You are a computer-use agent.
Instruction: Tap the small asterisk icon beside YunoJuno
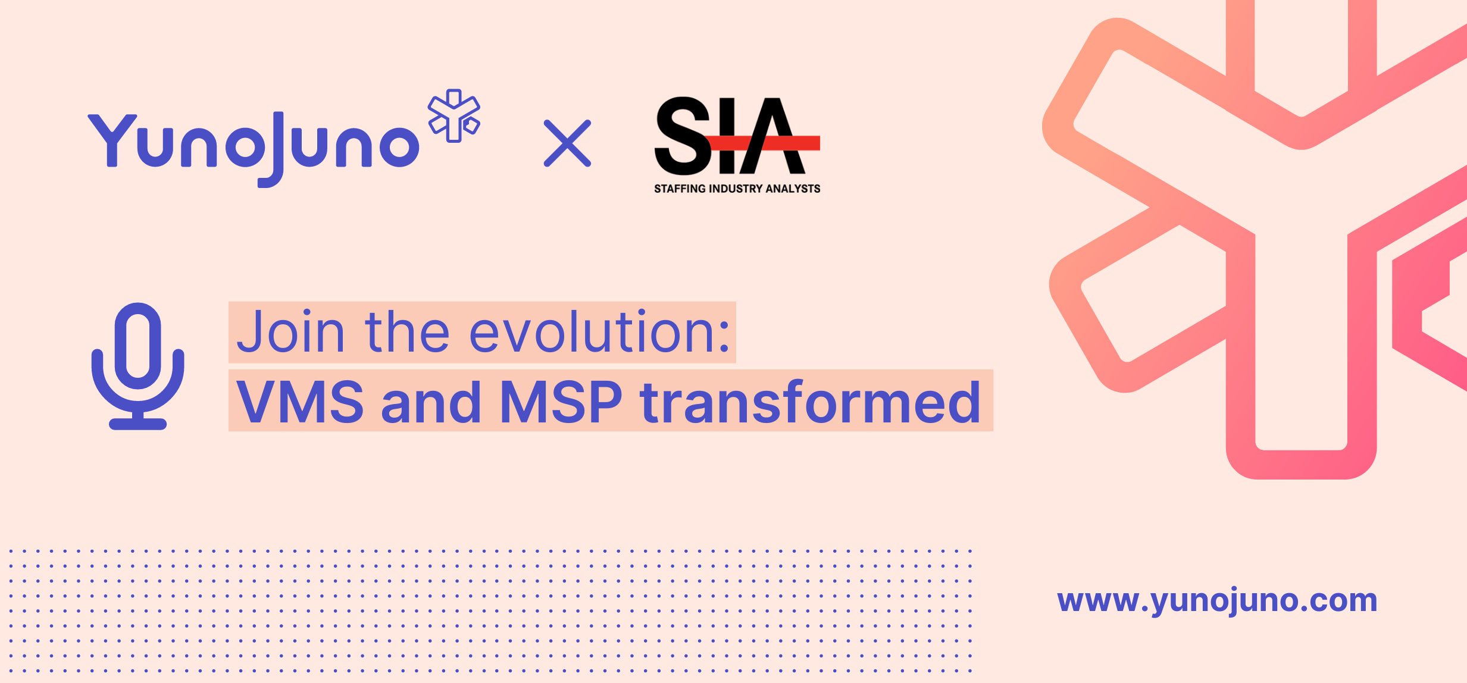point(454,115)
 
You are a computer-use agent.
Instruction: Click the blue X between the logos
point(567,143)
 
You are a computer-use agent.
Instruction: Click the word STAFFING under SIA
point(680,189)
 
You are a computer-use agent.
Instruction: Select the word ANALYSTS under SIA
point(793,189)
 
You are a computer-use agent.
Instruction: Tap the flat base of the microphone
point(137,424)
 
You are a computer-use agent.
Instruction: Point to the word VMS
point(300,403)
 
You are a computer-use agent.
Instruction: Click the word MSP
point(561,403)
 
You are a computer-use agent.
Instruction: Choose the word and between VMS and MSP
point(431,403)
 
